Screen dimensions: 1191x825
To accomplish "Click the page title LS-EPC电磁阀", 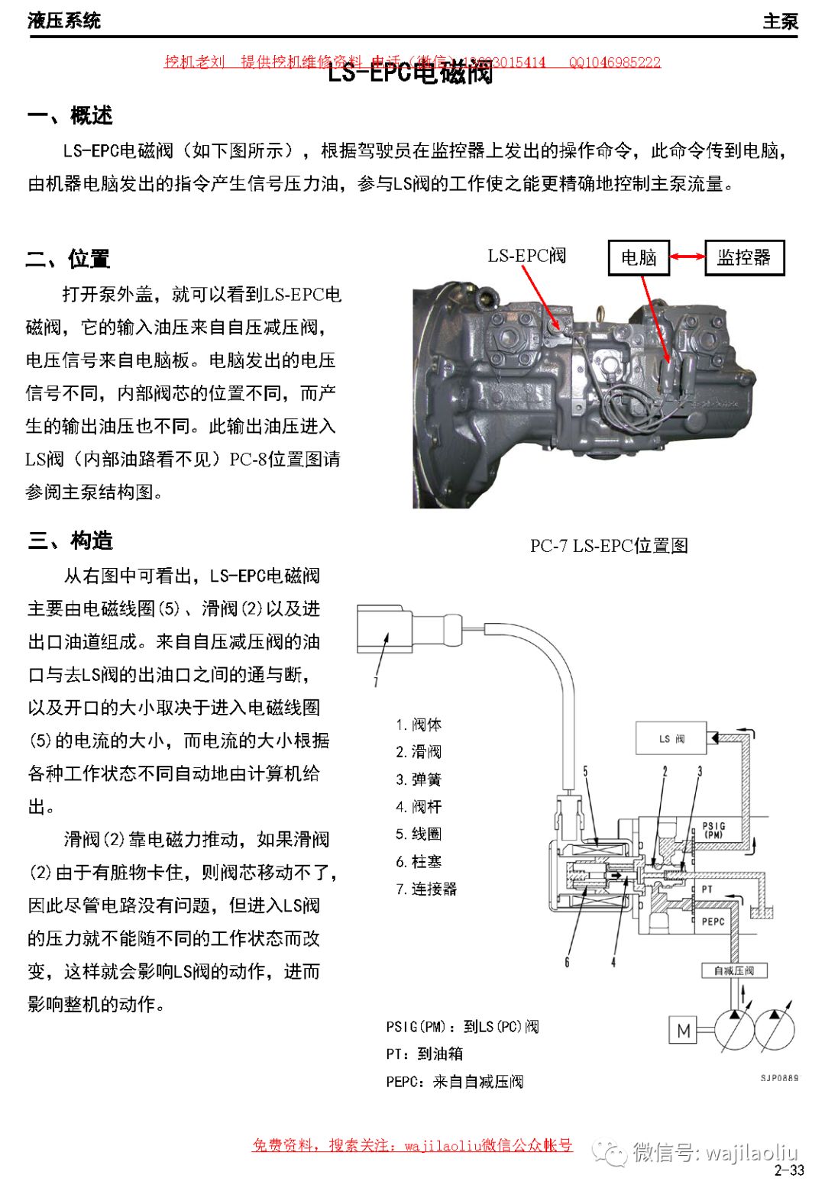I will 410,73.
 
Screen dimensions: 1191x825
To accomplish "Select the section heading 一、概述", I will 70,116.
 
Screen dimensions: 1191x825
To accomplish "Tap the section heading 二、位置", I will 68,259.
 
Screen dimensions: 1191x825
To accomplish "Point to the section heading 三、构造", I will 70,541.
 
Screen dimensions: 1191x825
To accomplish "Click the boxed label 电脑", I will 639,257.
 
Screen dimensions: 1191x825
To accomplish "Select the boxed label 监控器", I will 743,257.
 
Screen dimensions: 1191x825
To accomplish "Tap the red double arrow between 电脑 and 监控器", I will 687,257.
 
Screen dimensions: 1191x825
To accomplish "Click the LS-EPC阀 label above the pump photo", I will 526,256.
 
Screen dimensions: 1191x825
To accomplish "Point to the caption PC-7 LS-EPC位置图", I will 609,546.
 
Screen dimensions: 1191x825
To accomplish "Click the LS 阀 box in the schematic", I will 671,739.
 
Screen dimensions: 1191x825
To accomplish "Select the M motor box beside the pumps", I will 684,1031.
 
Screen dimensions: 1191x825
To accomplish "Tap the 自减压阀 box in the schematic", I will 733,970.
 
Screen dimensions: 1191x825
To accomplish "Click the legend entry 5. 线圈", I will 419,834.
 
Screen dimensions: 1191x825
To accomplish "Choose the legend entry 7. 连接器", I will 425,889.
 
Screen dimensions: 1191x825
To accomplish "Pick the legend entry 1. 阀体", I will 419,725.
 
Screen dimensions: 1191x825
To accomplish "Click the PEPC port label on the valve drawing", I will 713,921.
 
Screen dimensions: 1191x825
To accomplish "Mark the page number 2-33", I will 788,1170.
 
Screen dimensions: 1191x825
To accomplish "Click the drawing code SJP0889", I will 778,1078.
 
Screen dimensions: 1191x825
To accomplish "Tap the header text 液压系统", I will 64,21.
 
